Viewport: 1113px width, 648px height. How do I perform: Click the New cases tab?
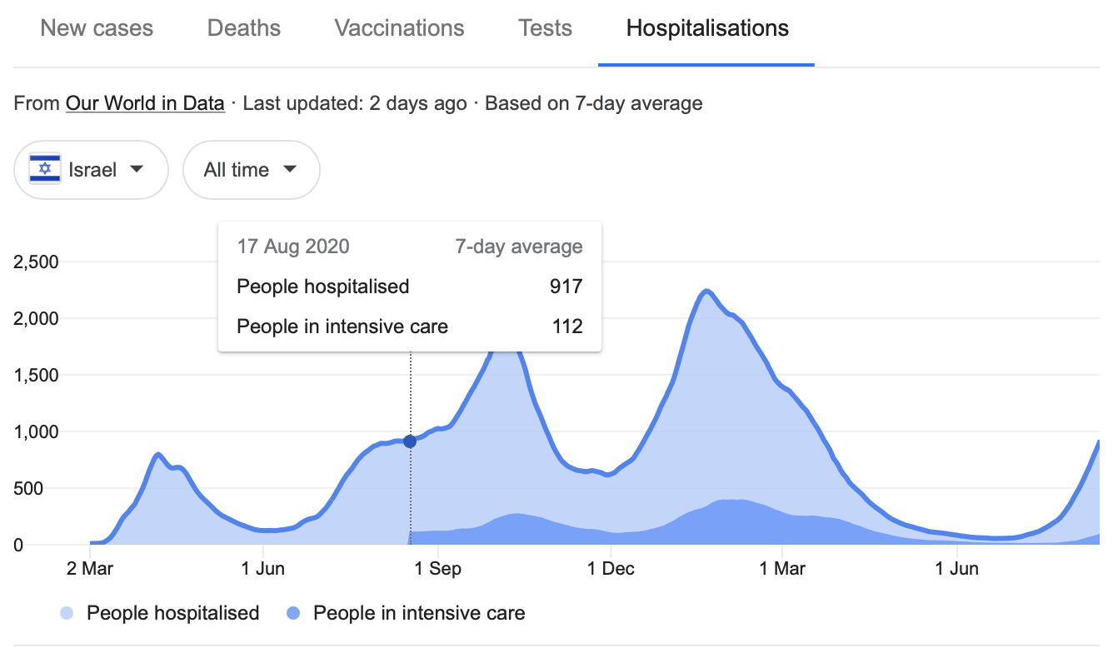coord(97,28)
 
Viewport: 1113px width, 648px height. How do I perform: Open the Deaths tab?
coord(244,28)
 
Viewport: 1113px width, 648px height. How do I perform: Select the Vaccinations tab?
coord(399,28)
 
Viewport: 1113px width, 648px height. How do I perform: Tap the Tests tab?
coord(545,28)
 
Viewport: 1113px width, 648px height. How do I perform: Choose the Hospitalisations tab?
coord(707,28)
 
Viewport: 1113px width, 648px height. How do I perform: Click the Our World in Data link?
coord(145,103)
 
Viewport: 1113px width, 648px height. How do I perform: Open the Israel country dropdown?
coord(92,170)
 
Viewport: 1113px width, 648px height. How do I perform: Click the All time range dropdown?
coord(251,170)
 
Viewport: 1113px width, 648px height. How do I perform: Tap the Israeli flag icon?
coord(45,170)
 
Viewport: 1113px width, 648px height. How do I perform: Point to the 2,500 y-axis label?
coord(36,262)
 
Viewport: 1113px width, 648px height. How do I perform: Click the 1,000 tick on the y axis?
coord(36,432)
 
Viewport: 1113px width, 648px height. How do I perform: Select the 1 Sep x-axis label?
coord(438,570)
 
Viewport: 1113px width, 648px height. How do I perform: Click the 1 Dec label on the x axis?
coord(611,570)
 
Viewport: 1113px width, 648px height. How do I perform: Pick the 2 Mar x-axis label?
coord(90,570)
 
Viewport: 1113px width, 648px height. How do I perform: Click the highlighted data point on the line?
coord(410,441)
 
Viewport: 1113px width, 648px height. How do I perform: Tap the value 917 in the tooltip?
coord(566,287)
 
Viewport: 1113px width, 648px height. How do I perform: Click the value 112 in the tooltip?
coord(567,326)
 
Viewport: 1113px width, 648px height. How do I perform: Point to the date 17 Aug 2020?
coord(293,247)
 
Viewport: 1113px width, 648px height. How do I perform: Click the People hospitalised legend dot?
coord(67,614)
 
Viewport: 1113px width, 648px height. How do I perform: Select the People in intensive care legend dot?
coord(293,614)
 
